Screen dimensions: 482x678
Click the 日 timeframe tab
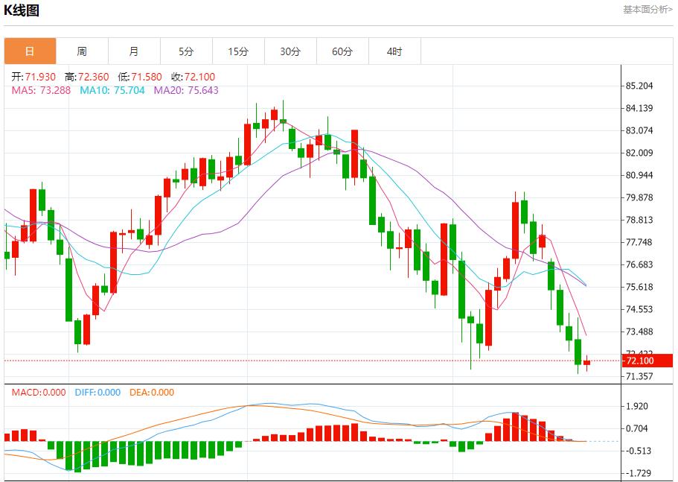pos(30,51)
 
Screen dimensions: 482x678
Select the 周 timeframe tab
pos(82,51)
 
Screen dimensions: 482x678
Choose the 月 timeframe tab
pos(134,51)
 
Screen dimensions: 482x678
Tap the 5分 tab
pos(186,51)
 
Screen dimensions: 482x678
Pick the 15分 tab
pos(238,51)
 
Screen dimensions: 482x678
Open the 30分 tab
pos(290,51)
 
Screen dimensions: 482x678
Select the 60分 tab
pos(342,51)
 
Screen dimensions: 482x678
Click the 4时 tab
pos(394,51)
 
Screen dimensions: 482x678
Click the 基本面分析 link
pos(647,10)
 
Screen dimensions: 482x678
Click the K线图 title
pos(22,10)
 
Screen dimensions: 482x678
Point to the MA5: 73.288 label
pos(41,90)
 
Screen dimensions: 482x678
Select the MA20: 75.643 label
pos(186,90)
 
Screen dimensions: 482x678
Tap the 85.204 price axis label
pos(640,86)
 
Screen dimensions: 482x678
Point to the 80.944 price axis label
pos(640,175)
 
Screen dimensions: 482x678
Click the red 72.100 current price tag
pos(640,361)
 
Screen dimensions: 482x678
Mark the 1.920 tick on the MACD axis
pos(638,406)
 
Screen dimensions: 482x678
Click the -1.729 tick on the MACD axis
pos(638,473)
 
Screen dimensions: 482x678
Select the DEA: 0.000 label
pos(152,393)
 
